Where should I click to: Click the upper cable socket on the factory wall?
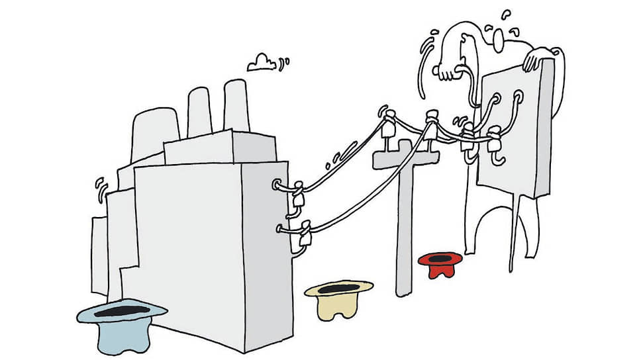(x=277, y=185)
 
